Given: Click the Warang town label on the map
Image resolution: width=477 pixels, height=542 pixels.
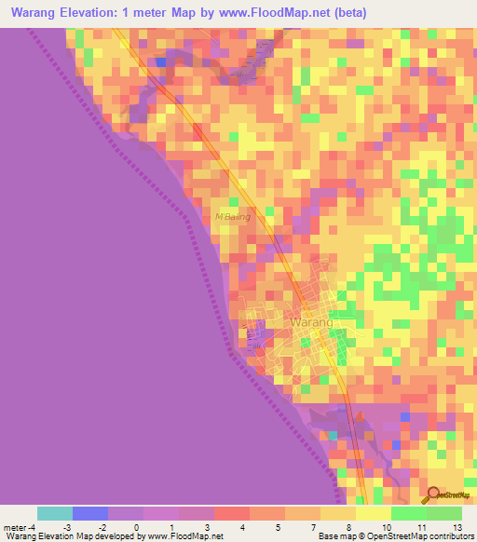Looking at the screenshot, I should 310,322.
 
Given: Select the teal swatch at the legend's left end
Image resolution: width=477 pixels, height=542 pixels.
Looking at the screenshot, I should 55,513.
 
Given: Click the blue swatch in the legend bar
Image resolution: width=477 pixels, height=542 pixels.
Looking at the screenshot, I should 90,513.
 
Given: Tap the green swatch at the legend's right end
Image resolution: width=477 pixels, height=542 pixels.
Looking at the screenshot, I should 443,513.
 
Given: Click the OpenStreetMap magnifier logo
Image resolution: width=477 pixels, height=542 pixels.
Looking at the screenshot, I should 431,495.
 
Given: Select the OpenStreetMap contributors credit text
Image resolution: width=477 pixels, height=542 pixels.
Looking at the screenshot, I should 425,536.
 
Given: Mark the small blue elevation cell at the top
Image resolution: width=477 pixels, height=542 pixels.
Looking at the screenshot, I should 161,62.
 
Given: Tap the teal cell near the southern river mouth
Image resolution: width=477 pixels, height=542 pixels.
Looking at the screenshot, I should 334,435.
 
